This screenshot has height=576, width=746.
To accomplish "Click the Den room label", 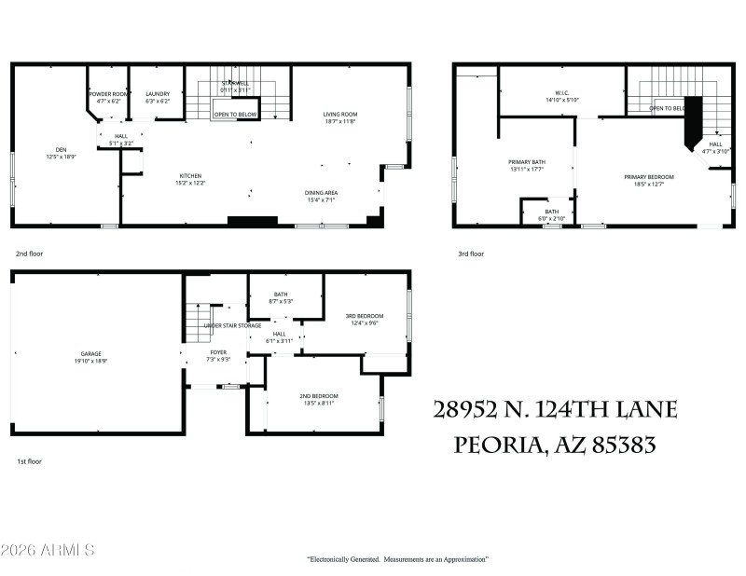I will point(61,151).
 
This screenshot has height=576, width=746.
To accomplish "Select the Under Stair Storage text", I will point(232,325).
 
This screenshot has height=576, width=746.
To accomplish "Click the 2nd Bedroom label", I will point(317,399).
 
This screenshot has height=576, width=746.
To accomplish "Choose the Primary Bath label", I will point(527,165).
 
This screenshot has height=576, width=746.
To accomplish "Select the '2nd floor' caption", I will point(29,254).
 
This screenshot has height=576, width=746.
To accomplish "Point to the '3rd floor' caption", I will point(470,254).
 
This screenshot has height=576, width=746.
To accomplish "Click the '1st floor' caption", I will point(29,460).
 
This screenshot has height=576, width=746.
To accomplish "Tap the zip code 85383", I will point(620,446).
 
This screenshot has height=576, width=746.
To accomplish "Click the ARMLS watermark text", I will point(48,551).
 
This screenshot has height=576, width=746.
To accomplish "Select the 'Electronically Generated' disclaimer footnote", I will point(398,559).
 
